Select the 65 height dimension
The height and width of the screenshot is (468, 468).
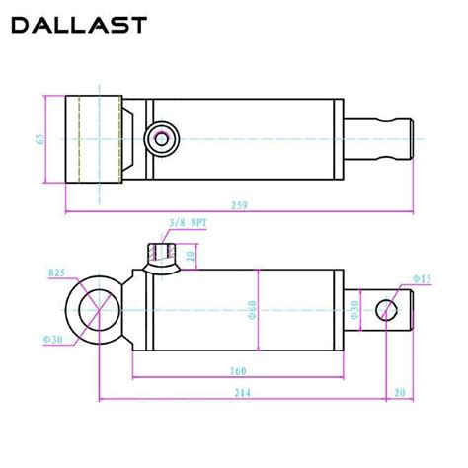click(x=40, y=138)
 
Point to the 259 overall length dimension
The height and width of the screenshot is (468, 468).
click(x=238, y=204)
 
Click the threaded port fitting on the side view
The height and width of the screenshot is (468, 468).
click(x=158, y=257)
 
